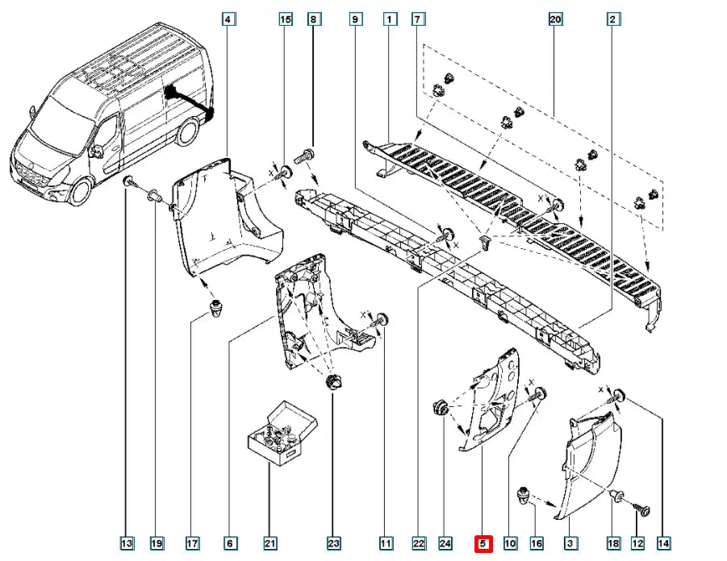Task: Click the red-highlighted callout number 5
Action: (x=483, y=545)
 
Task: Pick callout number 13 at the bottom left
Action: (x=127, y=545)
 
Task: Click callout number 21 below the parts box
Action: (x=271, y=545)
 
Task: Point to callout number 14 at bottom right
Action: (x=664, y=545)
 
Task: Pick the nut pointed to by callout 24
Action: (x=440, y=407)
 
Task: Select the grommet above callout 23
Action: (x=332, y=381)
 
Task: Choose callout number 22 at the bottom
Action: (x=418, y=545)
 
